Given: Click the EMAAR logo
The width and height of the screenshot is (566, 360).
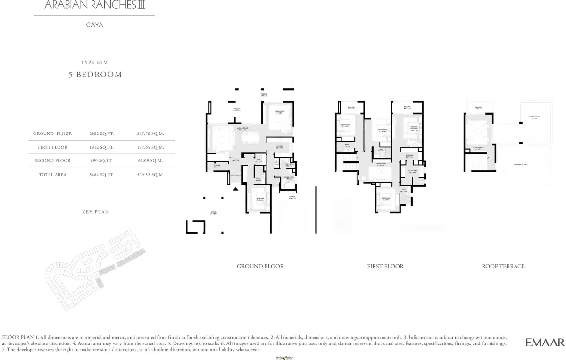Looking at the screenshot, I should pyautogui.click(x=545, y=343).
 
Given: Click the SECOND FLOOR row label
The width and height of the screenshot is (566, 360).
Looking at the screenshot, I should pyautogui.click(x=52, y=161).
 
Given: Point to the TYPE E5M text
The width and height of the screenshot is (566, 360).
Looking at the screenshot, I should pyautogui.click(x=95, y=62).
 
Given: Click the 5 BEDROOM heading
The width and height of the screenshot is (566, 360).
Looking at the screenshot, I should pyautogui.click(x=96, y=75).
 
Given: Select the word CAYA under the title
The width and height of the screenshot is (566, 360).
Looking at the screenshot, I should pyautogui.click(x=95, y=25).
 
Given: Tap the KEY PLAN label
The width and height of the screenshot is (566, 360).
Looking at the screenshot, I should pyautogui.click(x=95, y=212).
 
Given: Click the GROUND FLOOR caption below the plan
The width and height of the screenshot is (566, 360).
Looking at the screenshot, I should pyautogui.click(x=260, y=266).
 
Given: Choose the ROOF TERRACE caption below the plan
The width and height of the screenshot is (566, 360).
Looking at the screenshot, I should pyautogui.click(x=503, y=266).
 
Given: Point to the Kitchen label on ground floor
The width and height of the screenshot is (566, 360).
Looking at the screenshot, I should pyautogui.click(x=279, y=146).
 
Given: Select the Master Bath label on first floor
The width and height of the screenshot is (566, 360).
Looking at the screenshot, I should pyautogui.click(x=411, y=171).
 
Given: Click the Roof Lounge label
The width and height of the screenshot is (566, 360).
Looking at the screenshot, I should pyautogui.click(x=478, y=148).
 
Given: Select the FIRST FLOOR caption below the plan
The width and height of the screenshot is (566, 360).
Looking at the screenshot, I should pyautogui.click(x=385, y=266).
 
